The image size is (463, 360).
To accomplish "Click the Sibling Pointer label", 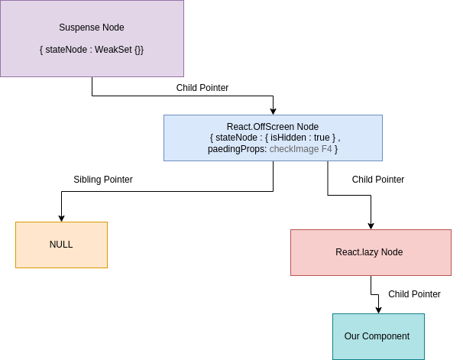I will [103, 180].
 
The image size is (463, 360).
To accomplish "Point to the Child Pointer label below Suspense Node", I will [202, 88].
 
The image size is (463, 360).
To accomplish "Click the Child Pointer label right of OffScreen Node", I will [378, 180].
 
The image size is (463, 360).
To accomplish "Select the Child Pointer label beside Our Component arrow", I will [414, 294].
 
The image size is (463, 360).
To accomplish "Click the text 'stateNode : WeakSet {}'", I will [92, 50].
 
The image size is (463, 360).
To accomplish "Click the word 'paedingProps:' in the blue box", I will [238, 150].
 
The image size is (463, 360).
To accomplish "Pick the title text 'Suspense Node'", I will [92, 28].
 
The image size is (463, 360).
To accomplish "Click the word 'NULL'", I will [61, 245].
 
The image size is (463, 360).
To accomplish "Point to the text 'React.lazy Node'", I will [369, 252].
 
